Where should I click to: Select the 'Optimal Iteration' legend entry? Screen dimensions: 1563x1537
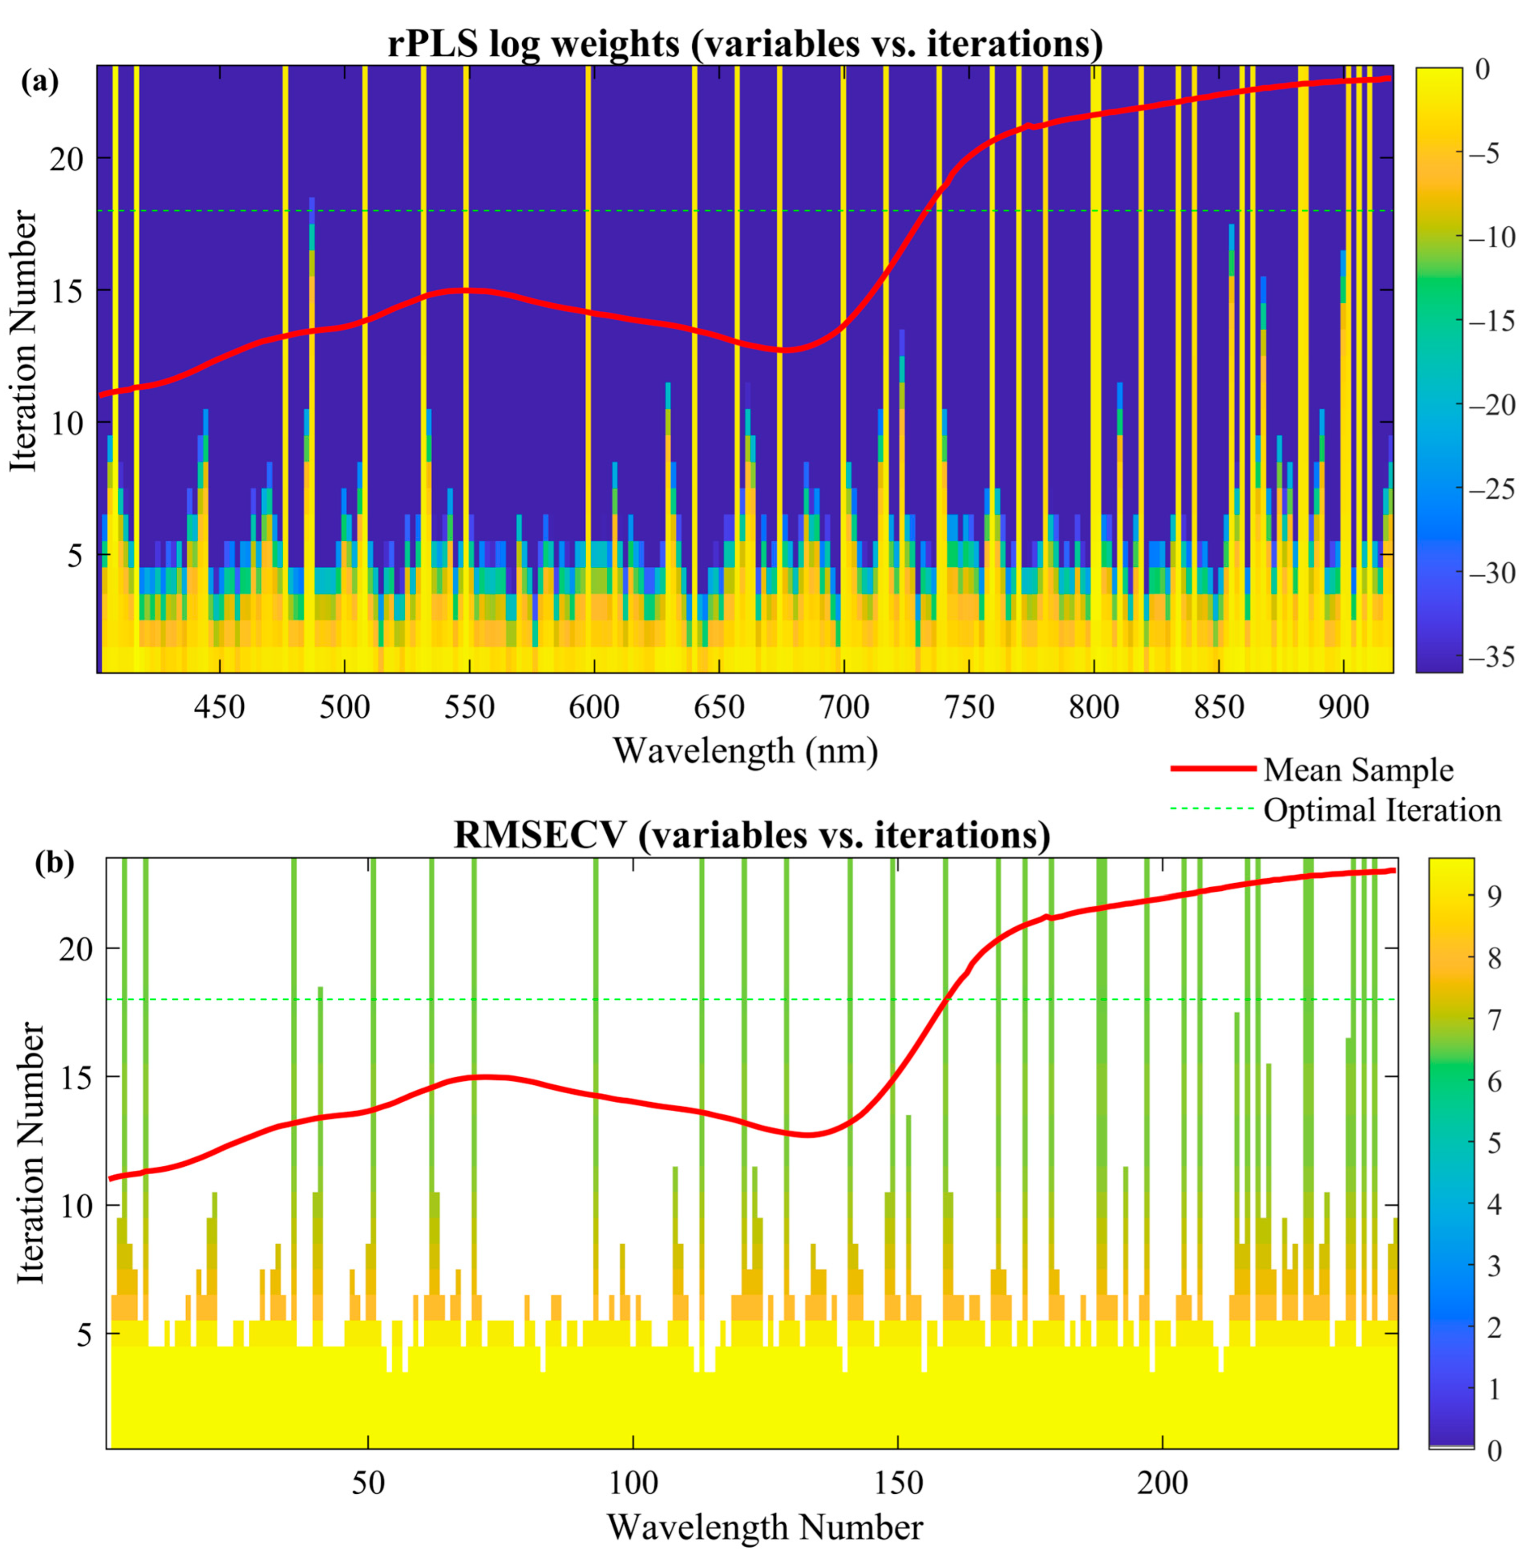[1382, 810]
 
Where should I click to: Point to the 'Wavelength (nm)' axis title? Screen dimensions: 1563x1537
[745, 751]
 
